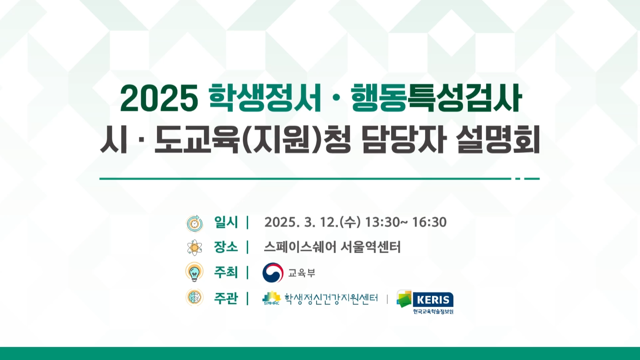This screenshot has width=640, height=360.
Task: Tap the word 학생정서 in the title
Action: [x=265, y=98]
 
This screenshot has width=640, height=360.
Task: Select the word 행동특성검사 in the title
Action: [x=437, y=98]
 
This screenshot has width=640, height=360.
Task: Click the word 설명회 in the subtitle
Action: [x=498, y=140]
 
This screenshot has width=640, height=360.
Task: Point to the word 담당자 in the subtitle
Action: [x=403, y=140]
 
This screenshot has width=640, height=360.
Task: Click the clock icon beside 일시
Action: [x=194, y=223]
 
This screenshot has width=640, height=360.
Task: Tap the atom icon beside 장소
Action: [x=194, y=248]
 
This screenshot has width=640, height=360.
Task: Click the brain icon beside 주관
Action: [x=194, y=297]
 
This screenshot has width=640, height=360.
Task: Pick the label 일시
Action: [x=226, y=222]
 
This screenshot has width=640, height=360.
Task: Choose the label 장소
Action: [x=226, y=247]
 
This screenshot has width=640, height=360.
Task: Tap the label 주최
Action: [x=226, y=272]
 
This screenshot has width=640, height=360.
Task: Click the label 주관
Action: [x=226, y=298]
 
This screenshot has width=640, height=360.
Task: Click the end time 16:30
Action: [x=429, y=222]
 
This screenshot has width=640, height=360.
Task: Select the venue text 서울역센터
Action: [x=370, y=247]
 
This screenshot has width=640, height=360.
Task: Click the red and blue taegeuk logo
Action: [x=273, y=272]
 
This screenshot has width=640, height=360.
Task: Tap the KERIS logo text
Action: [x=433, y=300]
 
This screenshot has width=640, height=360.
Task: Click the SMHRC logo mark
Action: [x=272, y=298]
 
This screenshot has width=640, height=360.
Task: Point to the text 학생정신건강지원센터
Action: [x=331, y=299]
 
